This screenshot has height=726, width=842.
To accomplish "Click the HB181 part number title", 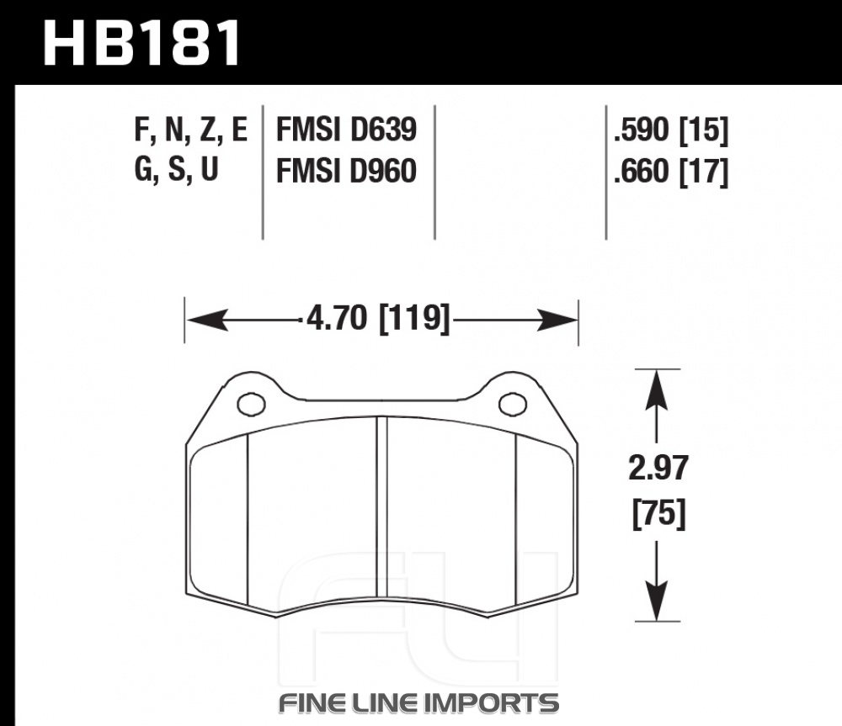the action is (x=141, y=43).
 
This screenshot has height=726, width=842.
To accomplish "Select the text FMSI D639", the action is (x=346, y=130).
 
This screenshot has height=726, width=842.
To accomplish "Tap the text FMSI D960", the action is (x=346, y=171).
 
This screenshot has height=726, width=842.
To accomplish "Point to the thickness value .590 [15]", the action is (x=671, y=130).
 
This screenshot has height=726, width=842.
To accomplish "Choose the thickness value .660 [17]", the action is (x=671, y=172).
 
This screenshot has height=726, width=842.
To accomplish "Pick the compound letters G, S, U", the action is (x=176, y=170).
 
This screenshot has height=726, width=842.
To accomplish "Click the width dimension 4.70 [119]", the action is (x=378, y=319).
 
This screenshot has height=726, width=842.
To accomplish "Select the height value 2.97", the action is (x=658, y=468).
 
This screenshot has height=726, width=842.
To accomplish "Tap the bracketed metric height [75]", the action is (x=659, y=513).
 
